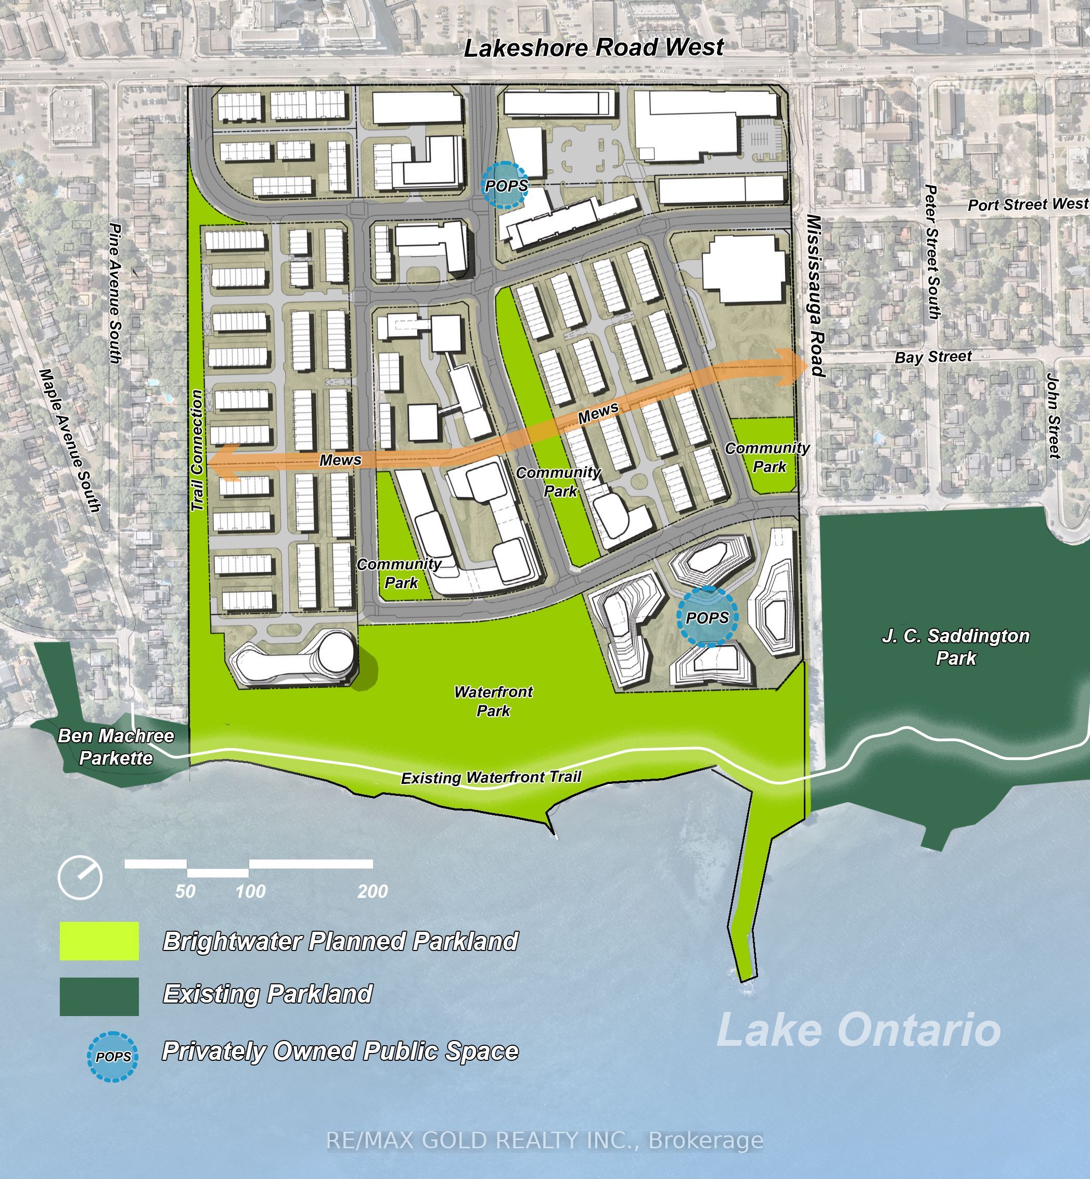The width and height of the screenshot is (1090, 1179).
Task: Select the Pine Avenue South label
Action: pyautogui.click(x=116, y=293)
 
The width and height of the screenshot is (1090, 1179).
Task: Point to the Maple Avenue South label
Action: pyautogui.click(x=70, y=440)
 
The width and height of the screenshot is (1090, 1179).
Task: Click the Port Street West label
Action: pyautogui.click(x=1027, y=205)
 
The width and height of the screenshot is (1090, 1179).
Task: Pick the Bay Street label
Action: pyautogui.click(x=932, y=357)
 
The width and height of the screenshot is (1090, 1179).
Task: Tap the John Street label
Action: pyautogui.click(x=1054, y=415)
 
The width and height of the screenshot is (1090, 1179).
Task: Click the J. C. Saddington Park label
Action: pyautogui.click(x=956, y=646)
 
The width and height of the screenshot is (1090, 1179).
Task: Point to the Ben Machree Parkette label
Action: pyautogui.click(x=116, y=746)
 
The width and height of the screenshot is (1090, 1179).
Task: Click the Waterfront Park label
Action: pyautogui.click(x=493, y=701)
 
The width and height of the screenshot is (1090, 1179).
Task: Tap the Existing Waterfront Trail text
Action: pyautogui.click(x=491, y=778)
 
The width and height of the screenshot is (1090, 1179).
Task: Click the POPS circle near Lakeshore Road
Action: pyautogui.click(x=506, y=185)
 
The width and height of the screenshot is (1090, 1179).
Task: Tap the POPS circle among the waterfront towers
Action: pyautogui.click(x=707, y=617)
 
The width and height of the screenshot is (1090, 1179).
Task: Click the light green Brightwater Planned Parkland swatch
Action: pyautogui.click(x=99, y=941)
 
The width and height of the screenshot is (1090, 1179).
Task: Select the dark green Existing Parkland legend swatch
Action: pyautogui.click(x=99, y=996)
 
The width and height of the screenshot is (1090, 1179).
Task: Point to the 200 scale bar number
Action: pyautogui.click(x=372, y=891)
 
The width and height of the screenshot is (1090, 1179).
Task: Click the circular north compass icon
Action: pyautogui.click(x=80, y=878)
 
